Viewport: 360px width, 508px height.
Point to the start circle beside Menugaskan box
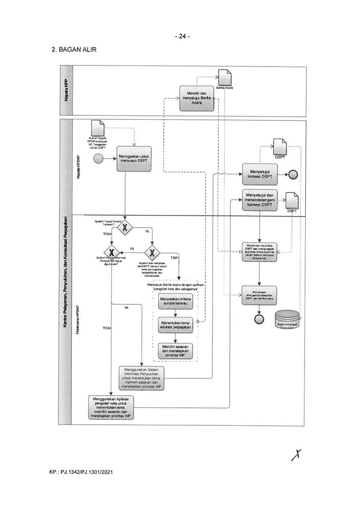click(x=99, y=158)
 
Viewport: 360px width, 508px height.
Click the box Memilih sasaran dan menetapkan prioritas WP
click(x=175, y=351)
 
